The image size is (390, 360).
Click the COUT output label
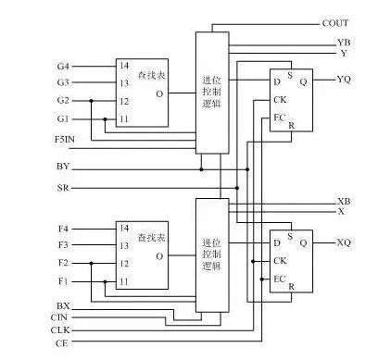(x=335, y=23)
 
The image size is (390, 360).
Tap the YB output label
(x=344, y=43)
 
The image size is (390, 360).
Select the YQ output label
(x=344, y=80)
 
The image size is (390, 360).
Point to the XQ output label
(x=344, y=242)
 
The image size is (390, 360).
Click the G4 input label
(x=63, y=67)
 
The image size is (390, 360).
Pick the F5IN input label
(x=65, y=140)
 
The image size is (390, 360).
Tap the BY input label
(x=63, y=167)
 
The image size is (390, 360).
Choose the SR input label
(x=63, y=188)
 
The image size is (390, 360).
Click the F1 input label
(x=63, y=281)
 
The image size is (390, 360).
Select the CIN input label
(x=59, y=317)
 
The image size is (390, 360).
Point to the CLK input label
(x=60, y=330)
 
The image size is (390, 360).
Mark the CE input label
(x=61, y=342)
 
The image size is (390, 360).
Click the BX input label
(x=63, y=306)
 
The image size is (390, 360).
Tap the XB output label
(x=344, y=202)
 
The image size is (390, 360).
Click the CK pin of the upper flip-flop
(x=280, y=100)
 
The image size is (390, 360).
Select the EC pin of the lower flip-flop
(x=279, y=279)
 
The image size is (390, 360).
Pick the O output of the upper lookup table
(x=159, y=93)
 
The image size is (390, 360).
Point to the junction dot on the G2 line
(x=91, y=101)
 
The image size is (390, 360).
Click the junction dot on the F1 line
(x=105, y=281)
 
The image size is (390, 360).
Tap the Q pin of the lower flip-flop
(x=304, y=243)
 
